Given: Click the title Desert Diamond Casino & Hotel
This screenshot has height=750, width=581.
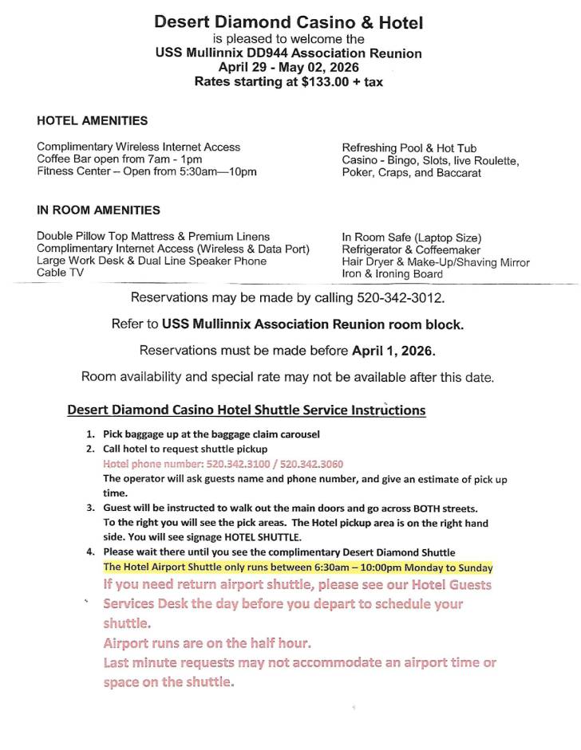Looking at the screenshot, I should (289, 22).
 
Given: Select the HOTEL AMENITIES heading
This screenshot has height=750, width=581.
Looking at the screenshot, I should (92, 121).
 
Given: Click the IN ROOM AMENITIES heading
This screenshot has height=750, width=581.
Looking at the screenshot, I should (98, 210).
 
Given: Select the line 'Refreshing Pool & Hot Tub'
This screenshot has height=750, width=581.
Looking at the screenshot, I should (409, 148).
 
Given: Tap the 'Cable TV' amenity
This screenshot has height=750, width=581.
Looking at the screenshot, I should (61, 273).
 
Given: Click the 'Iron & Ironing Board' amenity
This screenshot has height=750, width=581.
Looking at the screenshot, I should (393, 274).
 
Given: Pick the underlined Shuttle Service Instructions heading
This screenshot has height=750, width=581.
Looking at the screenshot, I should (246, 410).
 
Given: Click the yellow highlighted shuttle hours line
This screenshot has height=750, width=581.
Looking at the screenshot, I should (298, 567).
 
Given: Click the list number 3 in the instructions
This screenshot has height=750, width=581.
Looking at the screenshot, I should (90, 508).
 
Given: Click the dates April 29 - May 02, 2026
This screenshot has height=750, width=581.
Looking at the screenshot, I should (288, 68).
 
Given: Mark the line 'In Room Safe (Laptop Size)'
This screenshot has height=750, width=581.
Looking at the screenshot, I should (411, 238).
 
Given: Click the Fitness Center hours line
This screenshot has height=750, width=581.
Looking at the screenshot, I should (146, 171).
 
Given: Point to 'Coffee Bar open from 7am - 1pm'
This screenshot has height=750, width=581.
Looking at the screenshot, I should (119, 159).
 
